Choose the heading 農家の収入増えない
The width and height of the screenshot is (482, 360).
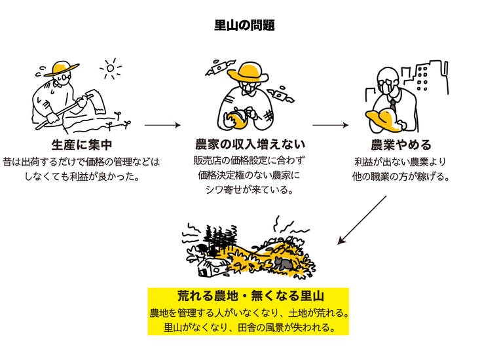point(250,144)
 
